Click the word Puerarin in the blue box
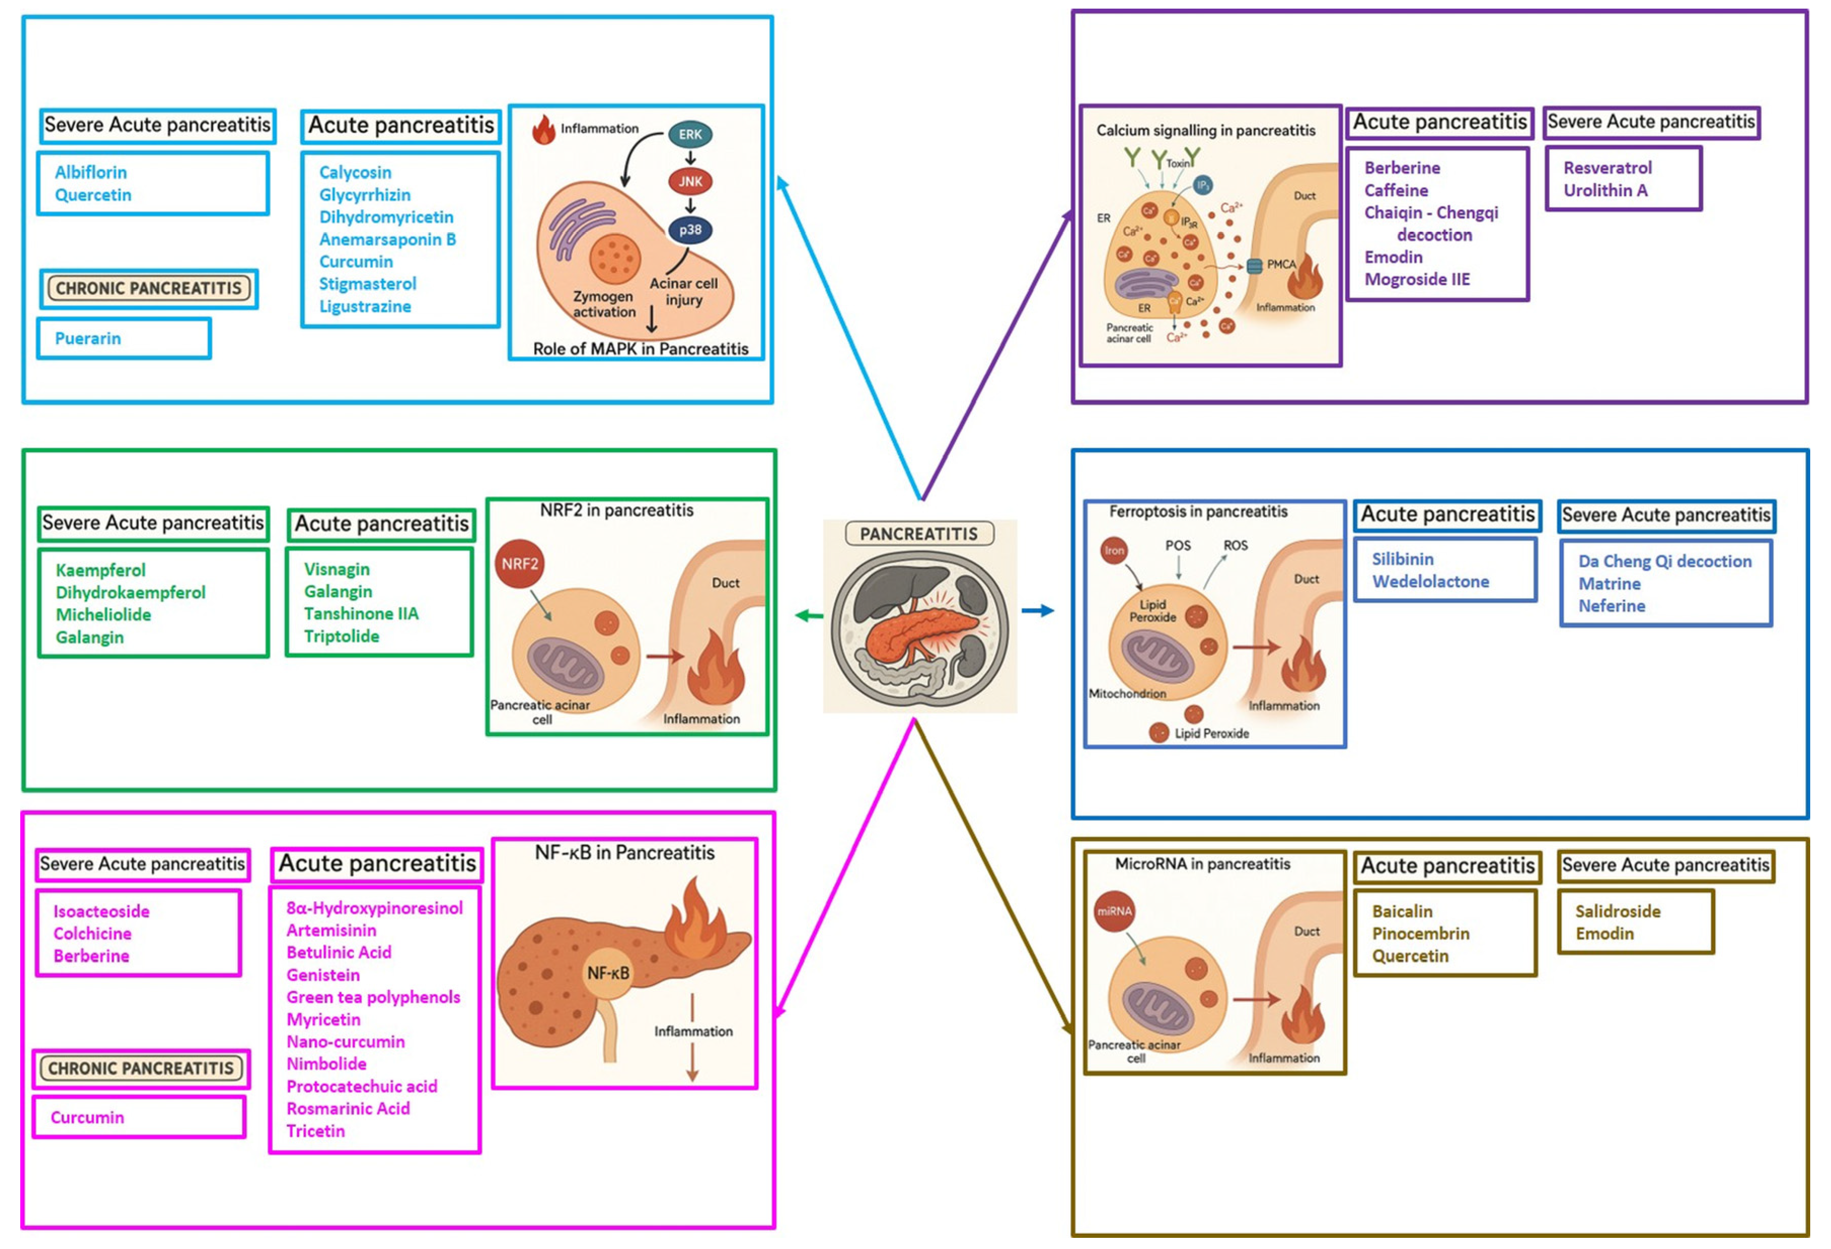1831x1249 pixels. [x=88, y=339]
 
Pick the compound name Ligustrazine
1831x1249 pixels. [x=365, y=307]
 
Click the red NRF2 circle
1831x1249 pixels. [x=519, y=564]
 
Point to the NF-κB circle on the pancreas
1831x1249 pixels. [x=608, y=974]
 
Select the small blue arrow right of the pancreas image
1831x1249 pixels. [x=1037, y=611]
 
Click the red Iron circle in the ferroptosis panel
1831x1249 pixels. [x=1113, y=551]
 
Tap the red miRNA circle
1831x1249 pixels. [x=1113, y=912]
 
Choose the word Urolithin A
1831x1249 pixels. [x=1605, y=191]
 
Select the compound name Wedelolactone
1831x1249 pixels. [x=1430, y=581]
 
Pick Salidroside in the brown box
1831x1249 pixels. [x=1618, y=912]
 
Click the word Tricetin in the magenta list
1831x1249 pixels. [x=315, y=1131]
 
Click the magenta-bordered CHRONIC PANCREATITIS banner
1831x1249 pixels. [x=141, y=1070]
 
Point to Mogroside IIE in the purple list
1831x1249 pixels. [x=1416, y=280]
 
